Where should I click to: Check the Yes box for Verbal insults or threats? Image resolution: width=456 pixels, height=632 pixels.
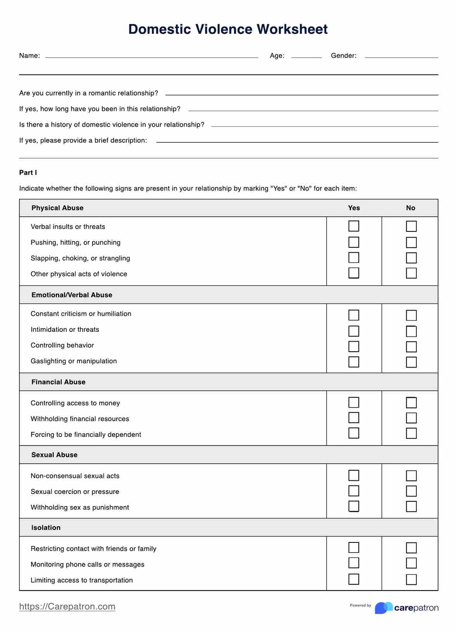[354, 226]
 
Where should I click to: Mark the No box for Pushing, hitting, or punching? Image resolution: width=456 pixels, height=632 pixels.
[411, 242]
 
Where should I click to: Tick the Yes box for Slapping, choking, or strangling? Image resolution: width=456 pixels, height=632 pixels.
[354, 258]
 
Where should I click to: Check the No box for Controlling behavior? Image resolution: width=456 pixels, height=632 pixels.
[411, 347]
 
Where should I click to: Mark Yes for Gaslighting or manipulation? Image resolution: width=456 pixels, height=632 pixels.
[354, 362]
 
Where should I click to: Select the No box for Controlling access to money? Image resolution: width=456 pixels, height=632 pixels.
[411, 403]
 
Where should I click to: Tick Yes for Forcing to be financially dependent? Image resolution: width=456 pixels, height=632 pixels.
[354, 433]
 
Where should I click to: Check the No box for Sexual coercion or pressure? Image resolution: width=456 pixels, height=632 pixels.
[411, 491]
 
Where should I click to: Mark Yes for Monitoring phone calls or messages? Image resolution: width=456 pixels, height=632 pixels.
[354, 563]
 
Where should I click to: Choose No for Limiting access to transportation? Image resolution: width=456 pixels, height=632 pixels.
[411, 580]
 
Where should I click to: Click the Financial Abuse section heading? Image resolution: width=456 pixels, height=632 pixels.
[58, 382]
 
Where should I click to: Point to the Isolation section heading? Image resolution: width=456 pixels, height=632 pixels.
[46, 528]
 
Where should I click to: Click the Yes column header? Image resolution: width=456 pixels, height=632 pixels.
[354, 208]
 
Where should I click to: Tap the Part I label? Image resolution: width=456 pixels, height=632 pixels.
[28, 173]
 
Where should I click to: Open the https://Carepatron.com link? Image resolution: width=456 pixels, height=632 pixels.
[67, 606]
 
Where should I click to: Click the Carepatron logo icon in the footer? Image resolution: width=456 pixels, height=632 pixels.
[383, 608]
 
